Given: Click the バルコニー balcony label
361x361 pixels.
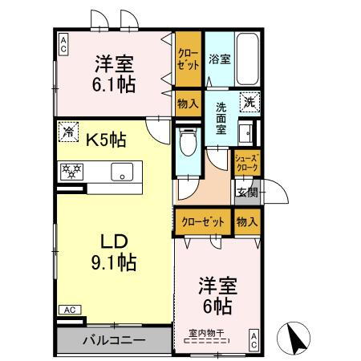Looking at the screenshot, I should [112, 339].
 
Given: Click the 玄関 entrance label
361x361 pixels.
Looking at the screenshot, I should [246, 191].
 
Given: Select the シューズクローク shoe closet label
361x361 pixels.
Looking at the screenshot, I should [247, 164].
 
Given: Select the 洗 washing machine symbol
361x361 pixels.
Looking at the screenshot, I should [249, 102].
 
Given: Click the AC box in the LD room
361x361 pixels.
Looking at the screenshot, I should [68, 309].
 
